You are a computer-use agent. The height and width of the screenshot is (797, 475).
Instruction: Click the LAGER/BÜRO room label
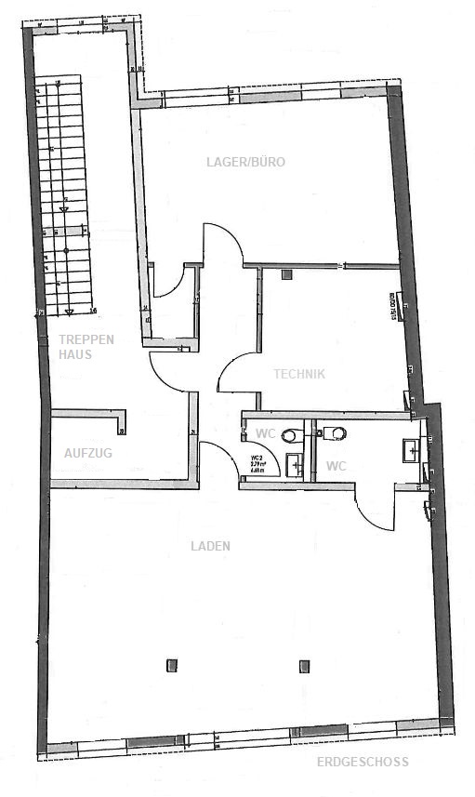[245, 162]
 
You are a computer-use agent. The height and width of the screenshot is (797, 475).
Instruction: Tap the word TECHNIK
[299, 374]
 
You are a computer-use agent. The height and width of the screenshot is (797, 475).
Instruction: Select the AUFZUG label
[88, 452]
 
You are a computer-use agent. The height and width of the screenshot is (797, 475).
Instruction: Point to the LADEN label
[212, 546]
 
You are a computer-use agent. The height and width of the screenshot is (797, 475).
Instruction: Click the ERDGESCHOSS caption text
[362, 763]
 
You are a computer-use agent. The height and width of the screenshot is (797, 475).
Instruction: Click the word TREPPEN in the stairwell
[86, 339]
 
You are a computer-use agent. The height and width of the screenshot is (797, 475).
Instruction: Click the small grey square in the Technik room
[286, 274]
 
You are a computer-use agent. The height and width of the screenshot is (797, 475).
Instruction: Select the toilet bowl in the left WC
[291, 433]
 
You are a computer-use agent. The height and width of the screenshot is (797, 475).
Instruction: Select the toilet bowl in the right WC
[335, 431]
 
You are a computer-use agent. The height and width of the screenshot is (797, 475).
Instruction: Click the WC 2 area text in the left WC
[257, 464]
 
